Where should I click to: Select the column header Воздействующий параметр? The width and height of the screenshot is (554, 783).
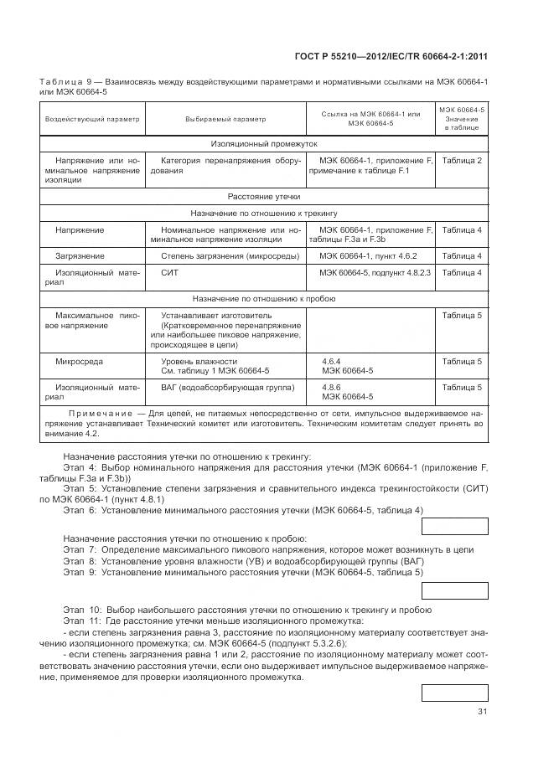(x=92, y=119)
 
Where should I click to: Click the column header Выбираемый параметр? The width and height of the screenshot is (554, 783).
(x=226, y=119)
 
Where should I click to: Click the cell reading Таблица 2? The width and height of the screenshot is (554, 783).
(x=461, y=160)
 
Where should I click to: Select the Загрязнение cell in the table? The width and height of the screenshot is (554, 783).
(x=80, y=256)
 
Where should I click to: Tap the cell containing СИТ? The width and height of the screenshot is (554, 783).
(x=170, y=273)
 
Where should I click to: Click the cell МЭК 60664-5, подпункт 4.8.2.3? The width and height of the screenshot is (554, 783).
(x=374, y=273)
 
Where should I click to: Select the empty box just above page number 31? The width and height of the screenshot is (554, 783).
(x=453, y=693)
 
